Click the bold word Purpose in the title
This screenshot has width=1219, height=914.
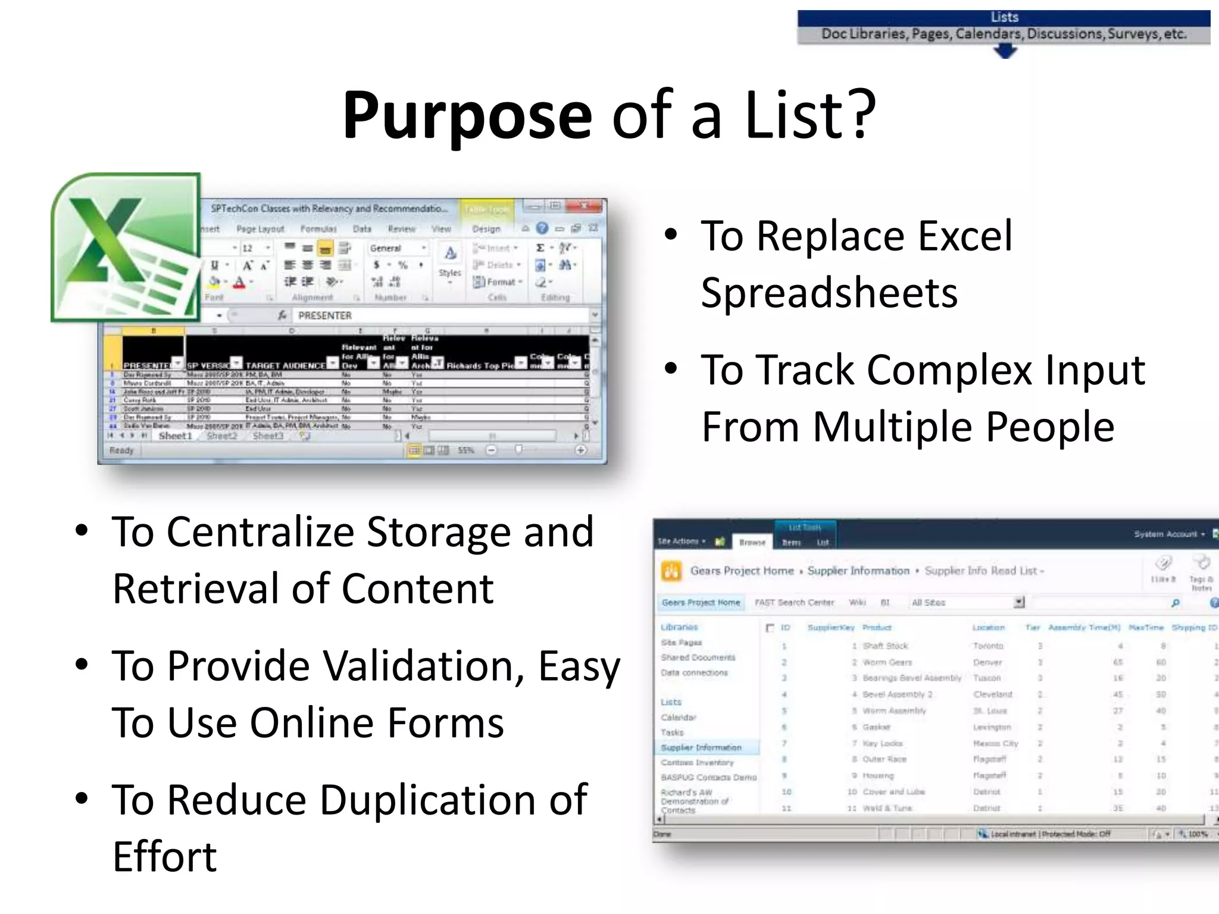tap(467, 114)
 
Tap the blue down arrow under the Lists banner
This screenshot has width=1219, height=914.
tap(1005, 52)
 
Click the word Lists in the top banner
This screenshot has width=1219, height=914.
tap(1004, 17)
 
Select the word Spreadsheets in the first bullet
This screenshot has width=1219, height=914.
tap(829, 293)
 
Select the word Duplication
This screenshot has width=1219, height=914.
tap(430, 800)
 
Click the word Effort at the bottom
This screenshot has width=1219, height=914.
tap(165, 857)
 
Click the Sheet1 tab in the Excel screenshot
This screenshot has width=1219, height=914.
tap(176, 436)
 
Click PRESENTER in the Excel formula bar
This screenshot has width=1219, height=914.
tap(324, 315)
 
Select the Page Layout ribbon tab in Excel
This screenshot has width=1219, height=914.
tap(260, 229)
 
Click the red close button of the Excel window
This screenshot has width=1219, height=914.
tap(585, 206)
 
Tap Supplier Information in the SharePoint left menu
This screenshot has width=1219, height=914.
tap(701, 747)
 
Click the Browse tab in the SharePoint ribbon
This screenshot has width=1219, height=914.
tap(752, 542)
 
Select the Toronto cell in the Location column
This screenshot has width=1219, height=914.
tap(988, 646)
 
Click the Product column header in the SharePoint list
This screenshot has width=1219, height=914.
tap(877, 627)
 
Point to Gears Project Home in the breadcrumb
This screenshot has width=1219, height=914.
tap(742, 571)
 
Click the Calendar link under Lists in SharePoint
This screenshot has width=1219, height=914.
tap(678, 717)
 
